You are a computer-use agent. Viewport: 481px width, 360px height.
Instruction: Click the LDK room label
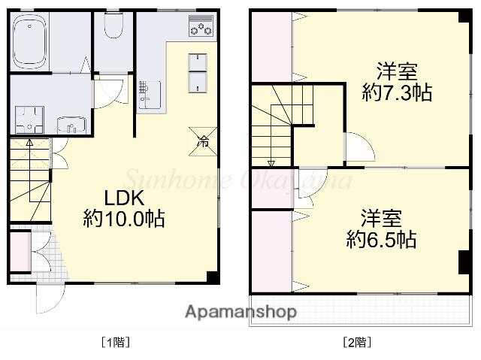[x=124, y=198]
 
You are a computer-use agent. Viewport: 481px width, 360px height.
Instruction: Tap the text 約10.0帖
[x=124, y=219]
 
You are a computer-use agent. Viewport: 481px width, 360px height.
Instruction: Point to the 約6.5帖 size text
[x=382, y=241]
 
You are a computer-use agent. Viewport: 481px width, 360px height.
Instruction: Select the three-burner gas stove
[x=201, y=27]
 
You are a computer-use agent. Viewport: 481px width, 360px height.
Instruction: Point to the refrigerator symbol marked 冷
[x=203, y=139]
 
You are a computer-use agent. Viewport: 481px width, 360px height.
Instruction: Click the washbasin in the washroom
[x=71, y=125]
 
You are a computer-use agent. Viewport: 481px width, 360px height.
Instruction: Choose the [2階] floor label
[x=357, y=342]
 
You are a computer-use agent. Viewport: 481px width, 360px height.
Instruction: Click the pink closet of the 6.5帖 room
[x=271, y=248]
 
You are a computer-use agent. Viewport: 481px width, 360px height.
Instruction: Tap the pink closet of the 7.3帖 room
[x=271, y=45]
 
